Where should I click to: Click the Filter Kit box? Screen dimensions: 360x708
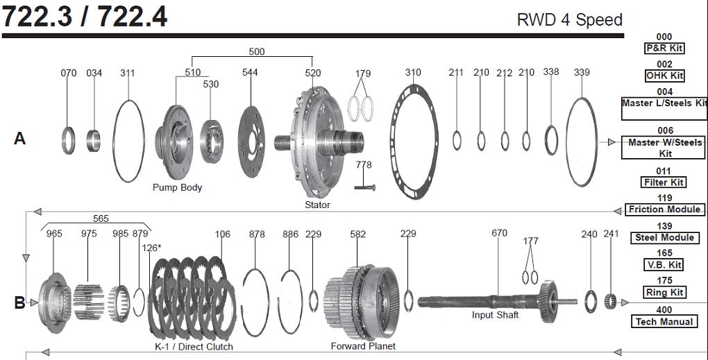[x=664, y=182]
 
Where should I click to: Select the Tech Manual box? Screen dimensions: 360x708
[x=664, y=321]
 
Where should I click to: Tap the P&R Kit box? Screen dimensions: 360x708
[x=664, y=48]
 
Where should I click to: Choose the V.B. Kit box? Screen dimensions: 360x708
[x=664, y=264]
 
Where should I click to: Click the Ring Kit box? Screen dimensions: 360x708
[x=664, y=292]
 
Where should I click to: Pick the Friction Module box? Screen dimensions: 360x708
[x=664, y=209]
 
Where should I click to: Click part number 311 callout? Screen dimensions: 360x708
[x=128, y=72]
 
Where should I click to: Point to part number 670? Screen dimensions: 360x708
[x=499, y=233]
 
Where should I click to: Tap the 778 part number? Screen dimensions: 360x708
[x=364, y=165]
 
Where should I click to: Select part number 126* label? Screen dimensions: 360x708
[x=151, y=248]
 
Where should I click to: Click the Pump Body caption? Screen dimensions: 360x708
[x=177, y=187]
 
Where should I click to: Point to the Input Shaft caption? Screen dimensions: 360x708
[x=495, y=315]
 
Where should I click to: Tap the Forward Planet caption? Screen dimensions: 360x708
[x=363, y=345]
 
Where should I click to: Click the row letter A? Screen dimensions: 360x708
[x=19, y=139]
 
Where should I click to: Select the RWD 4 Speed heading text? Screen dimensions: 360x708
[x=569, y=19]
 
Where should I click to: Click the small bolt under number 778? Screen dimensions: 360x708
[x=364, y=186]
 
